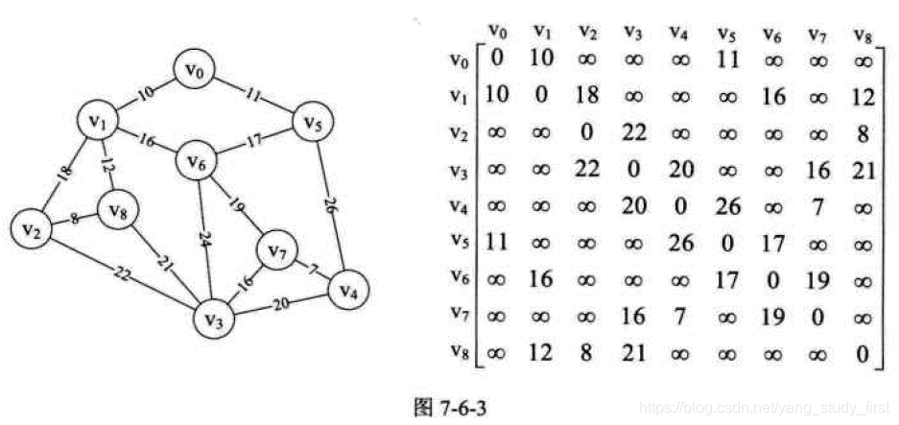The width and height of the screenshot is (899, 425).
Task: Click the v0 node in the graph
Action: pyautogui.click(x=198, y=70)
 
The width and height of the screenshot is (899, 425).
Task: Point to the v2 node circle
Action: pyautogui.click(x=31, y=228)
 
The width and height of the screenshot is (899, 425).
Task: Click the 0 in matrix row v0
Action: pyautogui.click(x=497, y=60)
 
